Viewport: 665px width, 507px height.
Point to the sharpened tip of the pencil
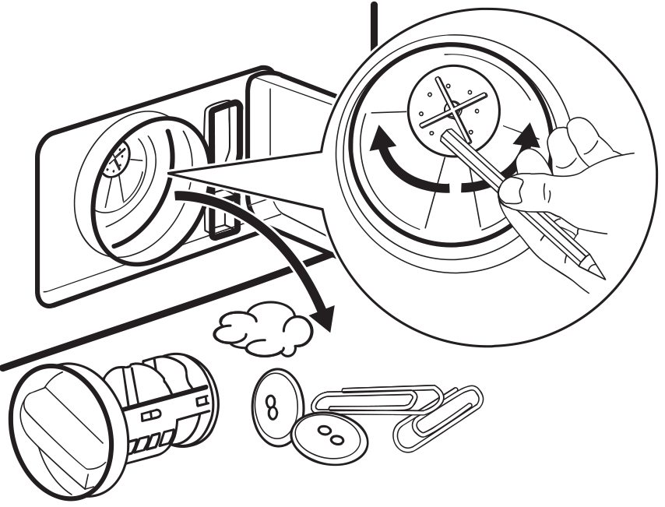tap(600, 274)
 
